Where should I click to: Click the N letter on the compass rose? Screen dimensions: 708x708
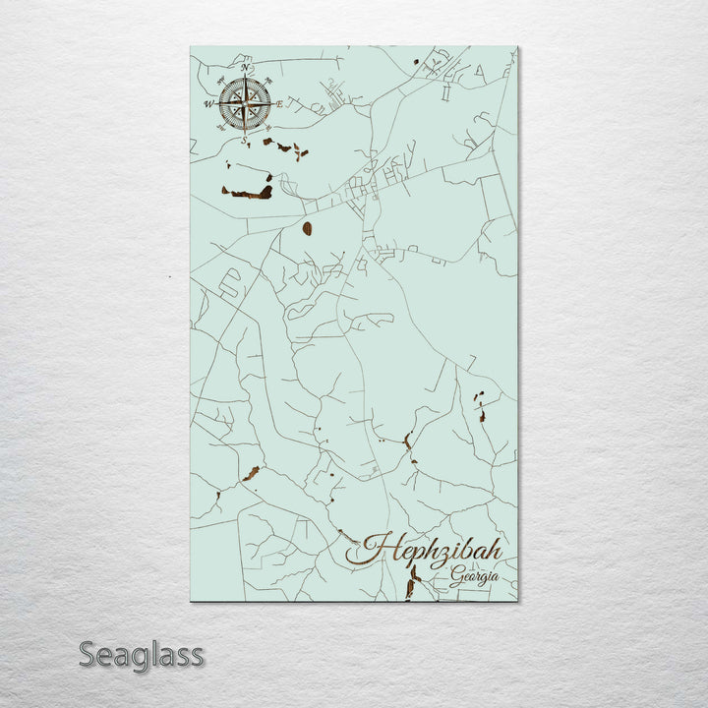click(x=246, y=69)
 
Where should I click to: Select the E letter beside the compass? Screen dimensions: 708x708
click(x=280, y=104)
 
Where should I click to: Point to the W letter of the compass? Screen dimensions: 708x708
click(x=208, y=104)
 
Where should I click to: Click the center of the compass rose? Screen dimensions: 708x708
click(x=245, y=103)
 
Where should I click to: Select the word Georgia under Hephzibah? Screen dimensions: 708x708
click(x=474, y=577)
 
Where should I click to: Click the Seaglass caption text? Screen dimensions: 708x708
click(x=142, y=654)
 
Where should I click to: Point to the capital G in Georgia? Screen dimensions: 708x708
click(x=457, y=577)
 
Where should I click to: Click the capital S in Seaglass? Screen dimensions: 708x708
click(x=88, y=654)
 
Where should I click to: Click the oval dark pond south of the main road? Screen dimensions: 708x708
click(x=307, y=228)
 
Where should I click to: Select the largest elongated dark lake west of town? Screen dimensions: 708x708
click(x=250, y=193)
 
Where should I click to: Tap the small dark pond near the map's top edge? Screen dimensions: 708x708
click(x=415, y=62)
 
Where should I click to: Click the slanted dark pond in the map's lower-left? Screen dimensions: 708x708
click(x=251, y=474)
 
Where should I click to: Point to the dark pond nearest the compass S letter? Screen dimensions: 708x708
click(x=266, y=142)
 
